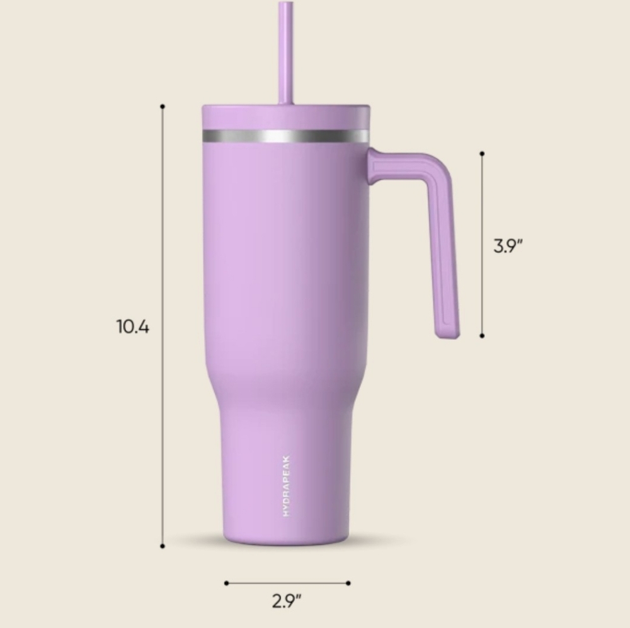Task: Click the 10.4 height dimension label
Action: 132,327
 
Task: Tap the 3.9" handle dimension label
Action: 508,246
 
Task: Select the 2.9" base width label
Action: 287,601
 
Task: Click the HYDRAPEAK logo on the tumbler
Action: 285,486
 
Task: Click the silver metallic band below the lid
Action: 285,136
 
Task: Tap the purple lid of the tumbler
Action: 285,117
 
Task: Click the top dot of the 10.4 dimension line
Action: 163,107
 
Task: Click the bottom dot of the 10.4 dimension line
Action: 163,546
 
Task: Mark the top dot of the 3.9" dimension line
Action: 482,154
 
